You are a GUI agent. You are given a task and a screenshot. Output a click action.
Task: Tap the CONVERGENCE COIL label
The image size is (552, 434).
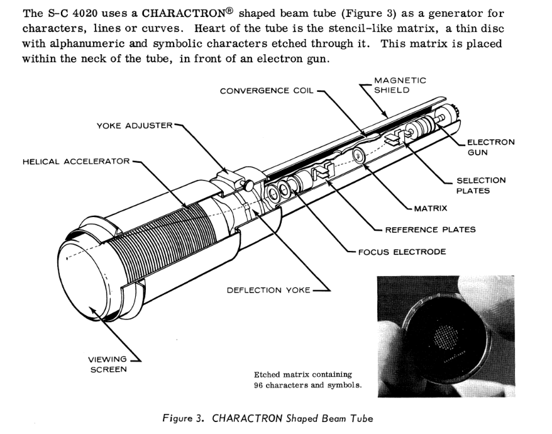tap(267, 91)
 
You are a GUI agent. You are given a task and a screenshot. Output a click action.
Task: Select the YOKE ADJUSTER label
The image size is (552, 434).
tap(134, 125)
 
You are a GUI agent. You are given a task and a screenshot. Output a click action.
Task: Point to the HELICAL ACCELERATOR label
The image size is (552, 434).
tap(76, 161)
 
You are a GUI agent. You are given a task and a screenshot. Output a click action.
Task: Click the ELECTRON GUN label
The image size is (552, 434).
tap(490, 147)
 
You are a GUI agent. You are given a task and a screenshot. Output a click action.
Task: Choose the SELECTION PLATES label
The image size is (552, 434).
tap(480, 186)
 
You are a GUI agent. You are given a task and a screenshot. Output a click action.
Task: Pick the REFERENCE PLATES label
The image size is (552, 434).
tap(430, 230)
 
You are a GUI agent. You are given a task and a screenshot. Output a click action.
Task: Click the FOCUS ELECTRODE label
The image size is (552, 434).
tap(402, 252)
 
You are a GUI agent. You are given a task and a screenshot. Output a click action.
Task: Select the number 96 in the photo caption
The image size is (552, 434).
tap(260, 385)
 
